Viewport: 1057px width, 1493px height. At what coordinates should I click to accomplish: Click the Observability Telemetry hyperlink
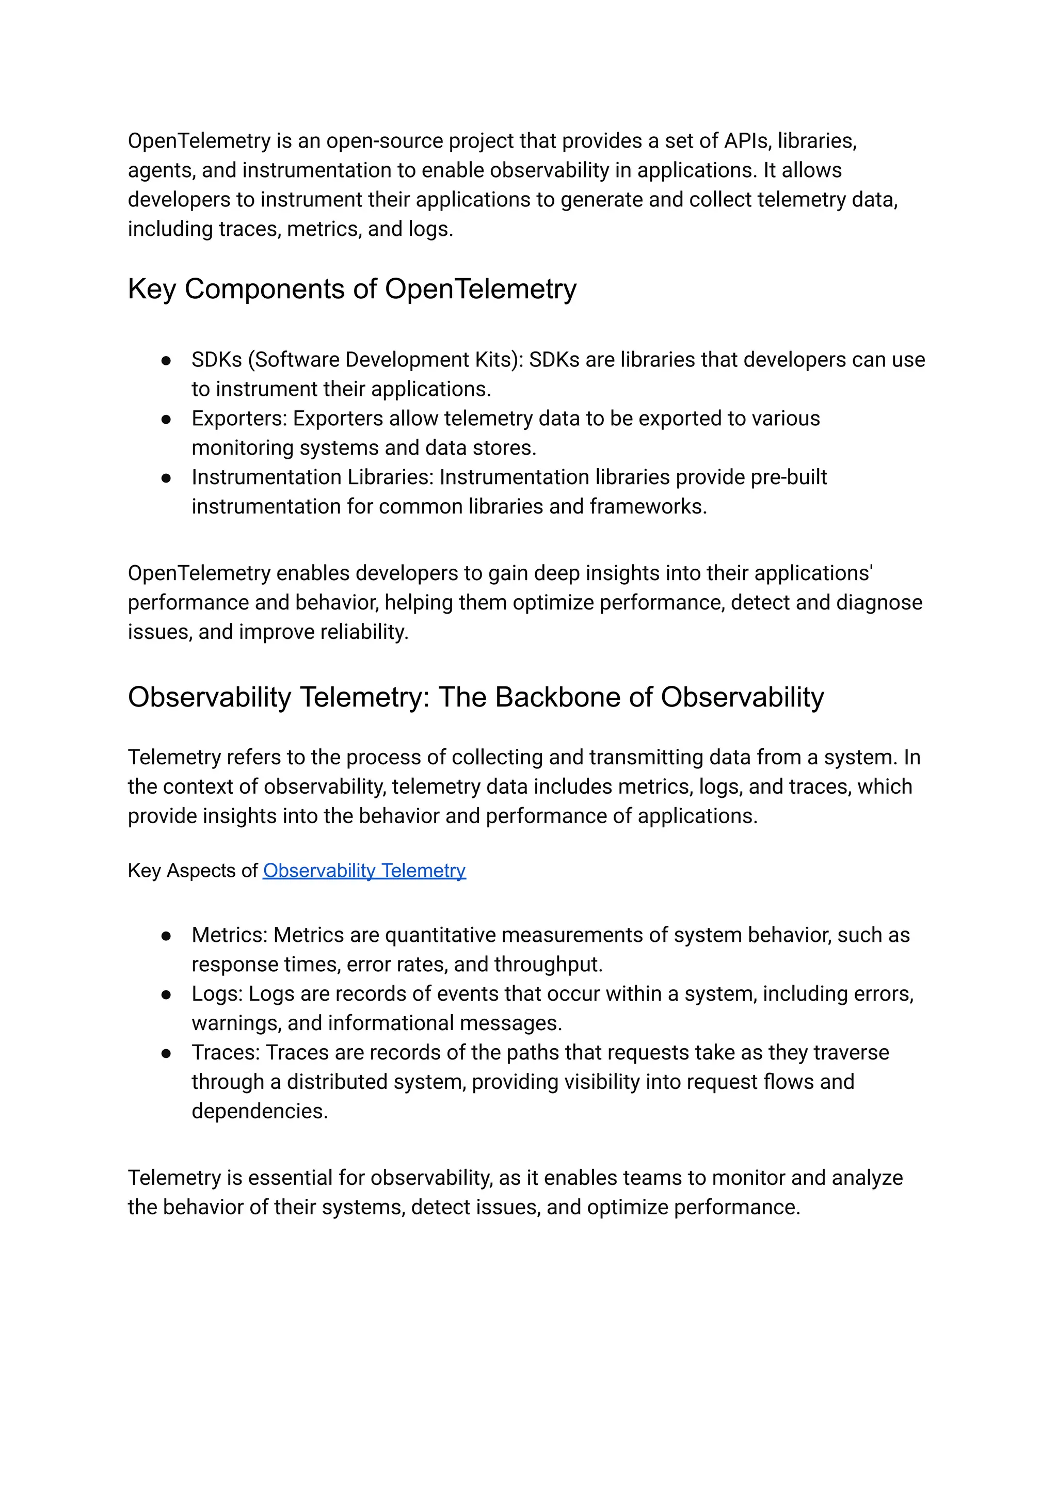[364, 871]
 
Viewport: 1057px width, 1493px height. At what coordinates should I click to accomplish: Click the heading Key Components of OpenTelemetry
[351, 289]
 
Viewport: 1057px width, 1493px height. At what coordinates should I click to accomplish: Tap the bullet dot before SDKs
[166, 361]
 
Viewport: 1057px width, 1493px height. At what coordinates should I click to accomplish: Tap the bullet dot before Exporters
[166, 419]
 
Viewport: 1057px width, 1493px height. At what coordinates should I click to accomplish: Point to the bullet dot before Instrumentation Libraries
[166, 478]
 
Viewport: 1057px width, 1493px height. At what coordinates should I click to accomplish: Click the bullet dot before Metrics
[166, 936]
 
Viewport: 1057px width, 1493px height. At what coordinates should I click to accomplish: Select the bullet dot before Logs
[166, 994]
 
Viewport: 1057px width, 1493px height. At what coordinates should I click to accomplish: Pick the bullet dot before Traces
[166, 1053]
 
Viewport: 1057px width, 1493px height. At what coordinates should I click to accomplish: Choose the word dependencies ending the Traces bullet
[259, 1111]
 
